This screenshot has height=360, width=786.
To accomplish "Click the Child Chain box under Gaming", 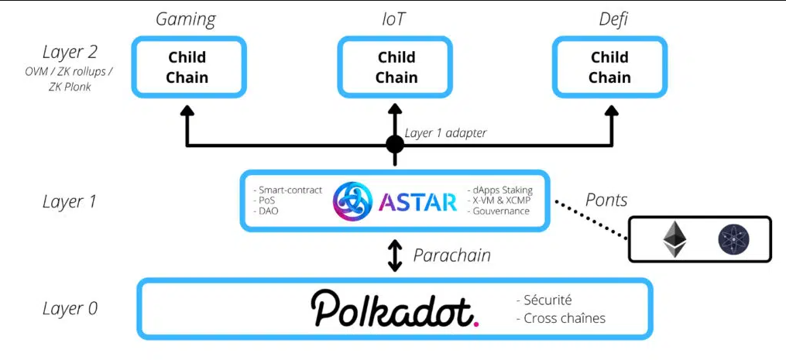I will point(187,67).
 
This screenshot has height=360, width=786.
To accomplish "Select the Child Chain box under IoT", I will point(396,67).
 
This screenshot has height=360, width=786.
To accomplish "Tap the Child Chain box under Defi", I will point(609,67).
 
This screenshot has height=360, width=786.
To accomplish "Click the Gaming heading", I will point(186,19).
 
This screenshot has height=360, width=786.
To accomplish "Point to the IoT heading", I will point(393,19).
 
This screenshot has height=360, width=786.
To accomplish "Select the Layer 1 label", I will point(70,202).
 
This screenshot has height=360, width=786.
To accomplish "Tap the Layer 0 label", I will point(70,308).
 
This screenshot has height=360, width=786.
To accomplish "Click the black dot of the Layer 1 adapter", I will point(395,144).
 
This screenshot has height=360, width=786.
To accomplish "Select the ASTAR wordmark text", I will point(418,202).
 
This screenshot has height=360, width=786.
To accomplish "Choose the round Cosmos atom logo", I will point(731,239).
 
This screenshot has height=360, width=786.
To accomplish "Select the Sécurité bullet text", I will point(547,300).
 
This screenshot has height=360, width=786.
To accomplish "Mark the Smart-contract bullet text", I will point(287,190).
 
